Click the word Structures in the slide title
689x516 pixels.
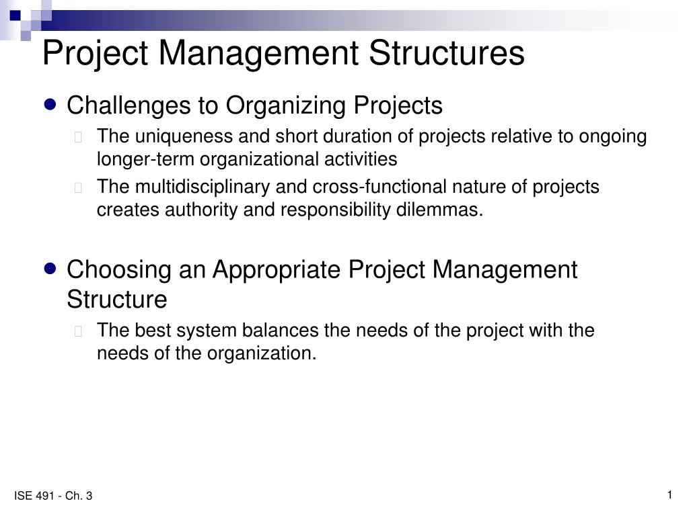tap(447, 52)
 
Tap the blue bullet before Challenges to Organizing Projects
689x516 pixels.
tap(50, 104)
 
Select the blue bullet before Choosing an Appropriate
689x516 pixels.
tap(50, 269)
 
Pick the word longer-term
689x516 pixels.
tap(145, 159)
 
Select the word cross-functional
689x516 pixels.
tap(379, 187)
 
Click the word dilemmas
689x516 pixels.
tap(439, 210)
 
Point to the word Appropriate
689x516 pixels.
tap(277, 270)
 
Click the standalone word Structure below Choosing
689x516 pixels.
tap(117, 299)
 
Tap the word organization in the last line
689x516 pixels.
tap(262, 353)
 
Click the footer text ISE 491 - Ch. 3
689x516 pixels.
tap(53, 496)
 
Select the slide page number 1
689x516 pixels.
tap(669, 495)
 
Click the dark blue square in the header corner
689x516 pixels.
tap(15, 16)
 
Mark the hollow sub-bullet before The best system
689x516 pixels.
tap(79, 331)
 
